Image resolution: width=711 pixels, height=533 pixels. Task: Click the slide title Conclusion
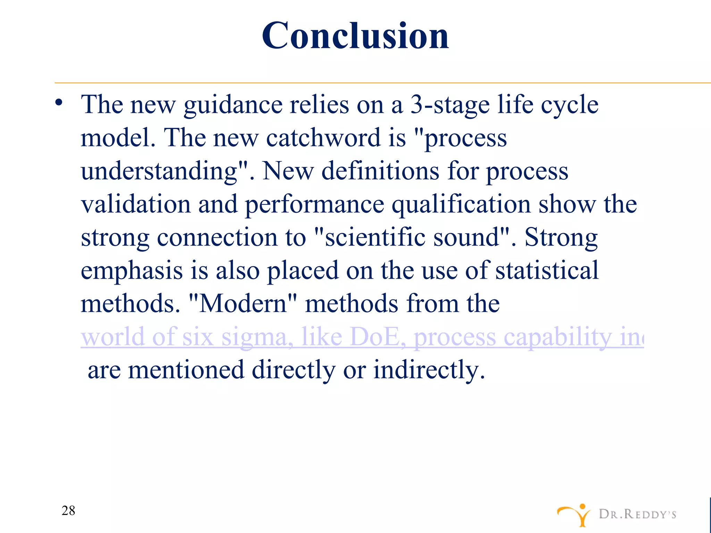pos(355,35)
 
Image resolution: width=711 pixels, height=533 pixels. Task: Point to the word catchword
pos(323,138)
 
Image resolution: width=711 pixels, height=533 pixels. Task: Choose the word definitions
pos(380,171)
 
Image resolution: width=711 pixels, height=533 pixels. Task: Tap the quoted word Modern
pos(243,304)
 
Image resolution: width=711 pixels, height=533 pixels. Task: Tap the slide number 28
pos(68,510)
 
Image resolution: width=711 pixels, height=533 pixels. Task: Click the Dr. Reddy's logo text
pos(637,514)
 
